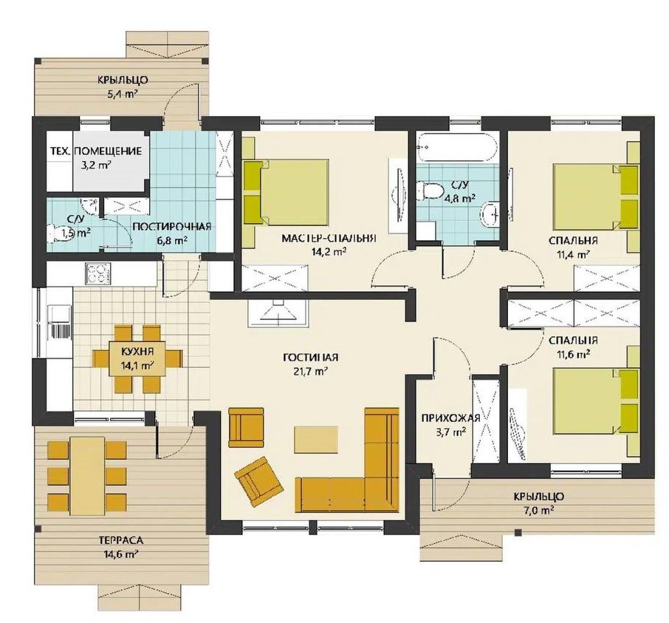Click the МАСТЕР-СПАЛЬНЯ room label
(329, 238)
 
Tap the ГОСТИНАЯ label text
(311, 357)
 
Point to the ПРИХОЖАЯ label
(450, 418)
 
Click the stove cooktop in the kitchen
(98, 273)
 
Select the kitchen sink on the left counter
(60, 316)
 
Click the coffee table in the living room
(316, 440)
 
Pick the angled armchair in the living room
(258, 481)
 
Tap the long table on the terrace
(87, 476)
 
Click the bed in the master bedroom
(287, 192)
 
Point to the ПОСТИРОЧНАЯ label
(172, 226)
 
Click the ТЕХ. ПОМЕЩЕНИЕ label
(96, 152)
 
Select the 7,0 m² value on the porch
(540, 510)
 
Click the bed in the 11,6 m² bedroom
(596, 402)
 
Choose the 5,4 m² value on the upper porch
(123, 94)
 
